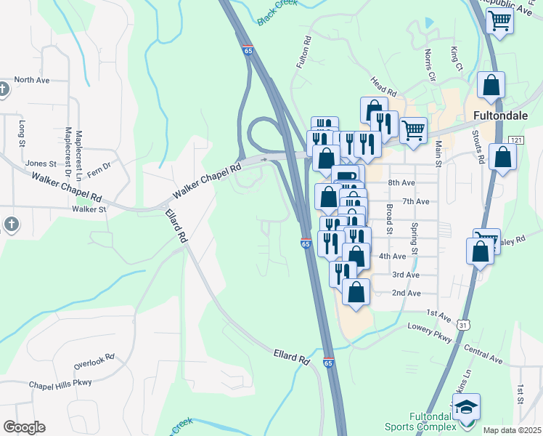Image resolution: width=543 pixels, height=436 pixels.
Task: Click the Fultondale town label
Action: pos(504,115)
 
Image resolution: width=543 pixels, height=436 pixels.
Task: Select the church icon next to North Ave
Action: pos(3,89)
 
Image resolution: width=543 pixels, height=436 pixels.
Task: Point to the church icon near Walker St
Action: pos(11,225)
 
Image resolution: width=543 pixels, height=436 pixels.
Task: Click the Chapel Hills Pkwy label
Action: pos(60,384)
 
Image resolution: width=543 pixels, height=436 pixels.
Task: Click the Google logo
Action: pos(24,427)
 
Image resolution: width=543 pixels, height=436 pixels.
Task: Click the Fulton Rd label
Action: pos(303,52)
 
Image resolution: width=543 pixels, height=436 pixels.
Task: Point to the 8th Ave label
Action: pos(401,183)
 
